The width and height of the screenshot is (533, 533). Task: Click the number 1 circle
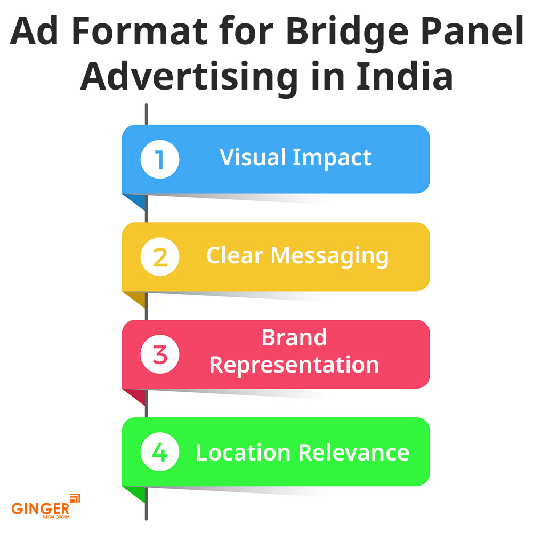[160, 159]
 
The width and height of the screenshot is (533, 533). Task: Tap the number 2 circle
[160, 257]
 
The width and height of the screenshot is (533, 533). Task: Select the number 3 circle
[160, 354]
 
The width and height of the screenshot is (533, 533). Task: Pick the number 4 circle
[160, 452]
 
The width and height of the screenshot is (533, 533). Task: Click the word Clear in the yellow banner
[235, 255]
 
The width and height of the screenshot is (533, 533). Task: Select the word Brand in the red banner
[294, 337]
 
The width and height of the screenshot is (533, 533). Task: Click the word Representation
[294, 365]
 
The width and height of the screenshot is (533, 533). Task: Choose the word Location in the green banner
[243, 452]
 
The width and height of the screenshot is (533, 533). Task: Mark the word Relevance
[354, 452]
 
